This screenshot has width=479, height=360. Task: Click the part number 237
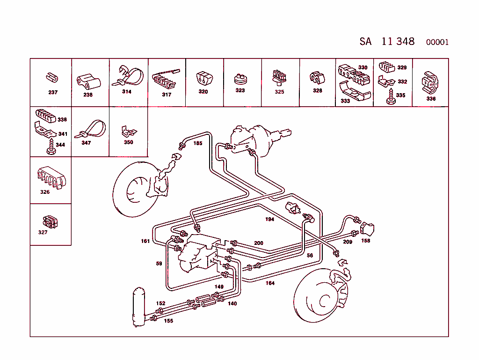click(x=53, y=92)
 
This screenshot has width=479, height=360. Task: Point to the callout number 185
click(x=198, y=143)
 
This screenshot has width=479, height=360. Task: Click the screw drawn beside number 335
click(x=389, y=97)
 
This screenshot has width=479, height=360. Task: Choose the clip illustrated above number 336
click(x=429, y=82)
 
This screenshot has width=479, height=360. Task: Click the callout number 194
click(x=269, y=219)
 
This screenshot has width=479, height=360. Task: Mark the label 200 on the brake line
click(x=259, y=243)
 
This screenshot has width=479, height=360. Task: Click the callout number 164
click(x=270, y=283)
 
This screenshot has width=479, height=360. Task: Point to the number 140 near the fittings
click(x=232, y=303)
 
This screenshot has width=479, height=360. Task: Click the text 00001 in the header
click(x=437, y=42)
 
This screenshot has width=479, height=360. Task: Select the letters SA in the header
click(x=365, y=41)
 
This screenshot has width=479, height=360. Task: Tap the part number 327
click(x=43, y=232)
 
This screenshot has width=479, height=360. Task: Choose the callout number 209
click(x=347, y=242)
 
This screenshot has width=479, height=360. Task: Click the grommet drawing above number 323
click(x=240, y=78)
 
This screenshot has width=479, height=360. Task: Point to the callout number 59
click(x=159, y=264)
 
